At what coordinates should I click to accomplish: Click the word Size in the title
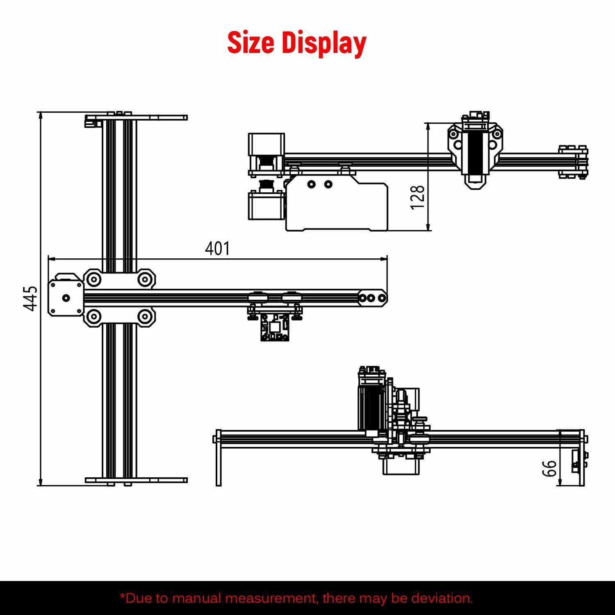251,43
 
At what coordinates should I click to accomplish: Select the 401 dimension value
218,248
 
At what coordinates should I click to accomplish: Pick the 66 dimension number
549,468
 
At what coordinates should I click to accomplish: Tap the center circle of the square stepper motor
65,298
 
